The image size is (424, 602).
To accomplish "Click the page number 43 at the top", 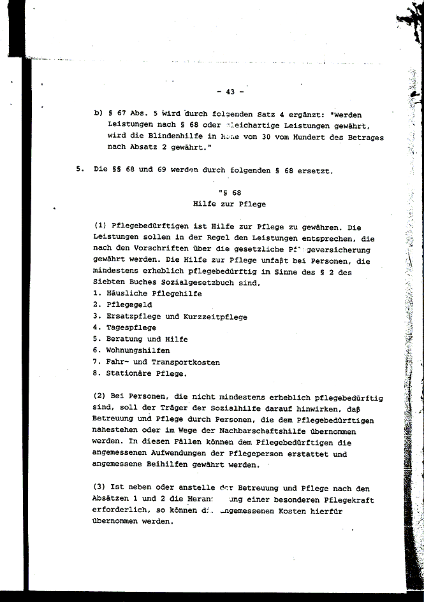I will (x=226, y=91).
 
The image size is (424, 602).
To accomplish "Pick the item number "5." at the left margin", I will (x=80, y=170).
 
